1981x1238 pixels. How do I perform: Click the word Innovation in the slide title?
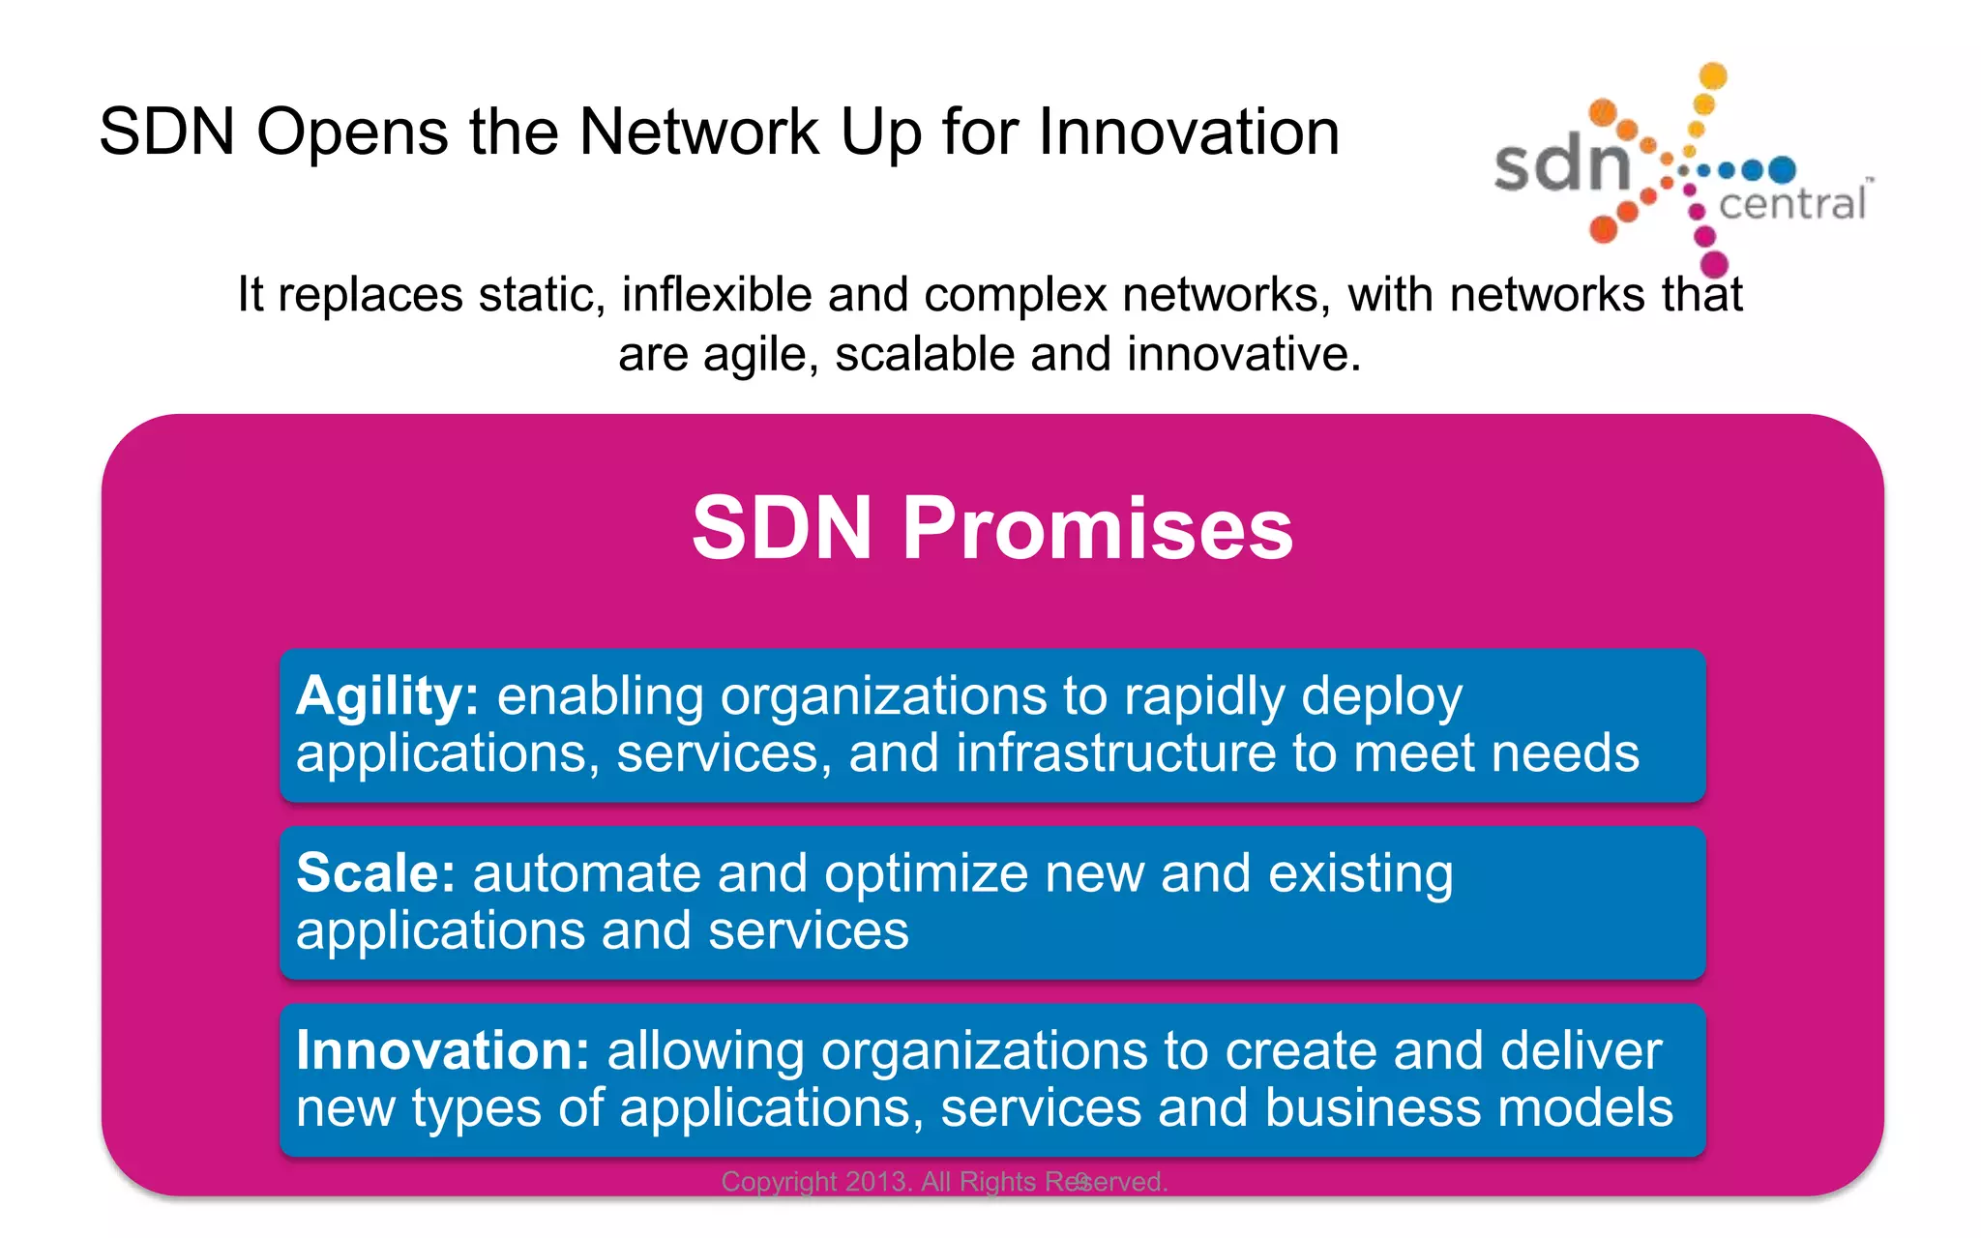[1189, 132]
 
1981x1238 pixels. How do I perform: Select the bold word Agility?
[387, 696]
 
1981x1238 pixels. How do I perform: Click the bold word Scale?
[375, 873]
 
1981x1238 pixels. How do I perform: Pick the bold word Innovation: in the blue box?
[442, 1050]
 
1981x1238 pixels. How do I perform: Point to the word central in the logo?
[1791, 204]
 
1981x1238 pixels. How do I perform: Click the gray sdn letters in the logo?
[1561, 164]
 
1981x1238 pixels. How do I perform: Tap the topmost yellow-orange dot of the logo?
[1713, 75]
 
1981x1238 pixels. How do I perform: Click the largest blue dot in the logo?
[1782, 170]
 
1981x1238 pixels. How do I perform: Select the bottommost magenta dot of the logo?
[1714, 263]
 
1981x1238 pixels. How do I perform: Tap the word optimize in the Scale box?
[926, 873]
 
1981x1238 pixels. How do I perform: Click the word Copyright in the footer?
[779, 1182]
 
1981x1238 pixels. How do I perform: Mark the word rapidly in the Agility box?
[1203, 696]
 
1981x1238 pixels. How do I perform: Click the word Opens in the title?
[352, 132]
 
